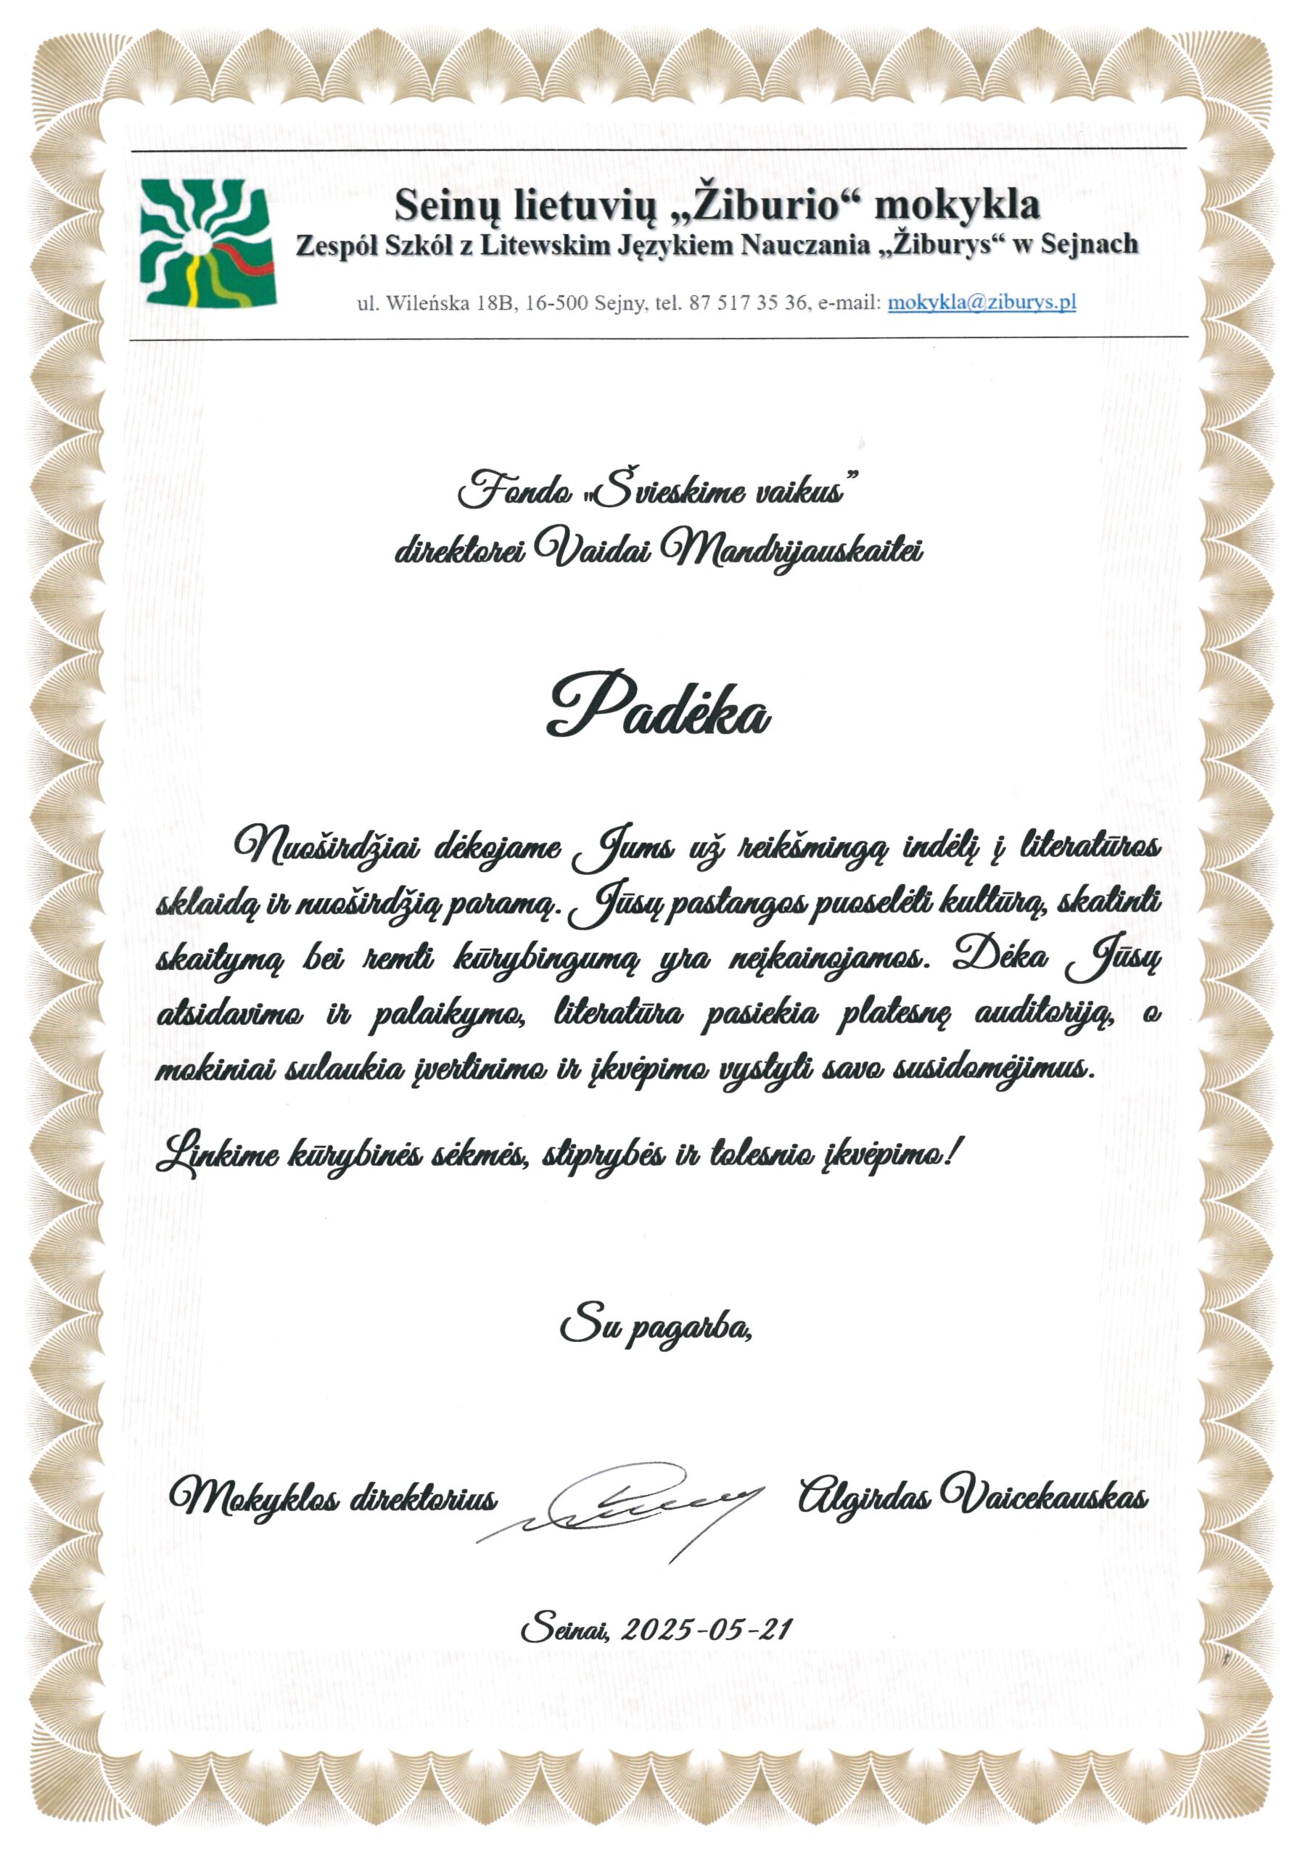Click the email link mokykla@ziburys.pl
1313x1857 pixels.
[981, 302]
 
